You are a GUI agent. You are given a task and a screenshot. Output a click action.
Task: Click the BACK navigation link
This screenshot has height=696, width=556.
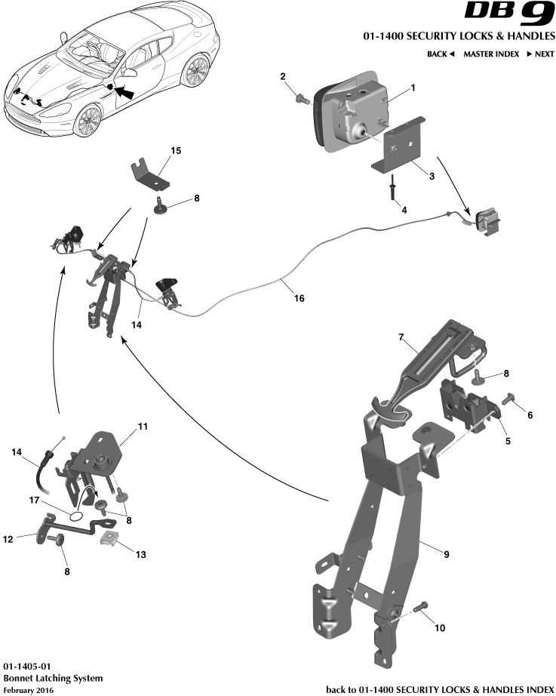(441, 54)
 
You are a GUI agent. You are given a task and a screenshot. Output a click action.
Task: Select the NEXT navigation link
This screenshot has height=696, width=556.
(540, 54)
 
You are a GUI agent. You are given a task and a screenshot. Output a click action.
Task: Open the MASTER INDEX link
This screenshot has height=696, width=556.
(490, 54)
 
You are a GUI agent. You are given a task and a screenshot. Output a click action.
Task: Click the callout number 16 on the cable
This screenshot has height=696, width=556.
(300, 298)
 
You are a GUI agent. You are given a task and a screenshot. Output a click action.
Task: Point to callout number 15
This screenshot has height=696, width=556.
(176, 151)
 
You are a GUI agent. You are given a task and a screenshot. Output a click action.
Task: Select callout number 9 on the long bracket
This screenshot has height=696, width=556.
(446, 555)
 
